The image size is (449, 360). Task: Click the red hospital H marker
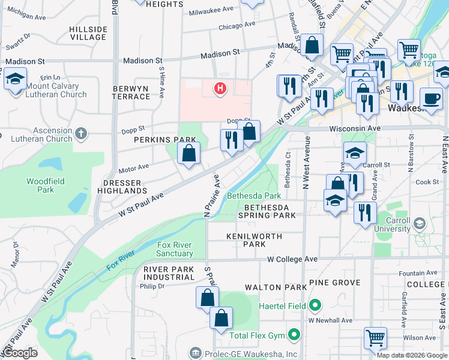220,89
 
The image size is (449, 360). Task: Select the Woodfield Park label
40,185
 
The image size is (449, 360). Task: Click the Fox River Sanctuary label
175,249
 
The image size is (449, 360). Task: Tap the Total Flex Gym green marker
294,334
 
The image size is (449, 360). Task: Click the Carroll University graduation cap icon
420,224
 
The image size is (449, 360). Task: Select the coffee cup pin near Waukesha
430,98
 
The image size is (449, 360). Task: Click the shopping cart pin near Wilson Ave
376,338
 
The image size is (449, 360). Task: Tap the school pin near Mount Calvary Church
15,79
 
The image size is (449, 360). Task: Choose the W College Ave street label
292,259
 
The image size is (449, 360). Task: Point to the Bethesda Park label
253,196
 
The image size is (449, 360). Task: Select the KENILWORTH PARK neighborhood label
254,240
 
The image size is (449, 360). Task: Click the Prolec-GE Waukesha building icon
195,352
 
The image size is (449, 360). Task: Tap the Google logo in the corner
20,353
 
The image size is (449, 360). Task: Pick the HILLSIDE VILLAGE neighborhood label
88,33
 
